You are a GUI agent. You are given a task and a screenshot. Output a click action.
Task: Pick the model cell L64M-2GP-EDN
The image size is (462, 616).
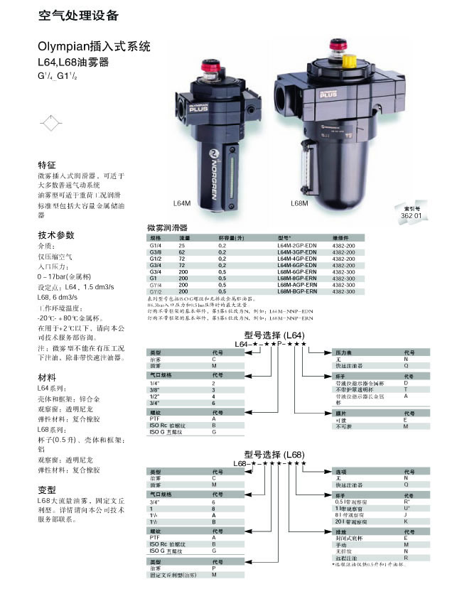tap(296, 244)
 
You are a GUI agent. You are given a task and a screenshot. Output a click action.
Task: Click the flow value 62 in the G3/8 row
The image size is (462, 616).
tap(182, 251)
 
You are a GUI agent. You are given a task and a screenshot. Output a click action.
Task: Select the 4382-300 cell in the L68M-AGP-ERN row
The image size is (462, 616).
tap(343, 284)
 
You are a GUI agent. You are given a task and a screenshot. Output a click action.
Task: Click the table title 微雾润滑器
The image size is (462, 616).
tap(167, 228)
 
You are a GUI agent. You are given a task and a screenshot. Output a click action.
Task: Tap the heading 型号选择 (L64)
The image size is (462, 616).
tap(274, 335)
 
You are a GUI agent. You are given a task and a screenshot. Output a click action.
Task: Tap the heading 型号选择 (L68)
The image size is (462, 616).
tap(274, 455)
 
